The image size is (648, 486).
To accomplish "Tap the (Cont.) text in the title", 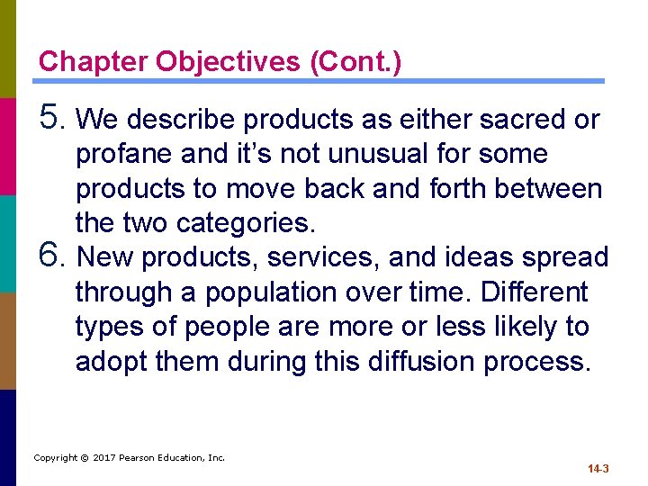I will click(355, 62).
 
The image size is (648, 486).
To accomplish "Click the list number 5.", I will click(52, 117).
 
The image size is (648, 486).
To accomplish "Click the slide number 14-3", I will click(598, 469).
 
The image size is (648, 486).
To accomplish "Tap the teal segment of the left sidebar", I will click(7, 243).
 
